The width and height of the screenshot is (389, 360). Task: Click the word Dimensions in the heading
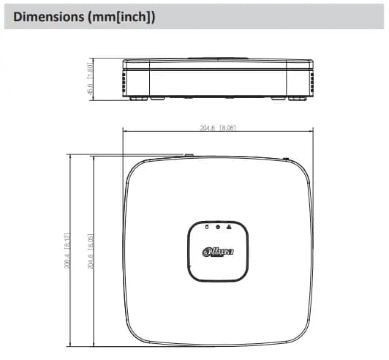48,17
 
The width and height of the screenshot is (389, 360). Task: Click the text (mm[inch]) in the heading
121,18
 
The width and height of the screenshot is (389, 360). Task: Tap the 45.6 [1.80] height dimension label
90,78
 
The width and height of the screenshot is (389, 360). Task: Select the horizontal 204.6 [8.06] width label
218,128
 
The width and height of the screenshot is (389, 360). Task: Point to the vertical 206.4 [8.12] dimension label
67,251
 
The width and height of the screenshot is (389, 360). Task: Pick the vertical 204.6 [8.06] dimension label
91,251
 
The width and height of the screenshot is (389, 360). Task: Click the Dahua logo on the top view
218,252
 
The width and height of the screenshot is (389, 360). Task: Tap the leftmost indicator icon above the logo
207,226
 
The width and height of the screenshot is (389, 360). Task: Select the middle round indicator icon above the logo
218,227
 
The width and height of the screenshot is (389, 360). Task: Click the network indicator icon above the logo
229,226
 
